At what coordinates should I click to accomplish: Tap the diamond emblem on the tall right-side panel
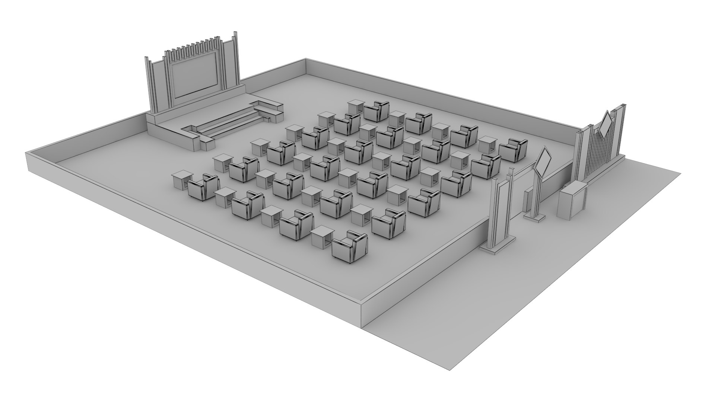coord(606,124)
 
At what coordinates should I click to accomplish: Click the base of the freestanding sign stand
coord(535,218)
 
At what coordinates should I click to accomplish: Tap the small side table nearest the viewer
coord(322,236)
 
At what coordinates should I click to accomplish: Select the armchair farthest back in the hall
coord(376,111)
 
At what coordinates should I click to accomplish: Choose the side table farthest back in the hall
coord(356,107)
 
